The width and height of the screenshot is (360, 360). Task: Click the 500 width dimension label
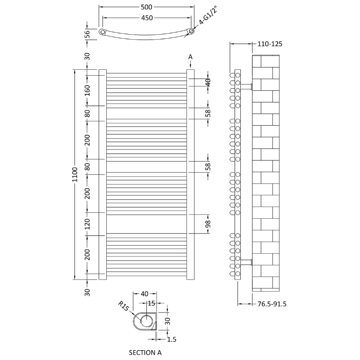tap(147, 7)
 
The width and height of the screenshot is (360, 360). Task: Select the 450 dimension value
tap(147, 18)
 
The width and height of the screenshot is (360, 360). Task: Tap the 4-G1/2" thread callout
tap(208, 15)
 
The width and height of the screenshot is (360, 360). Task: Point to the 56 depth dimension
tap(87, 34)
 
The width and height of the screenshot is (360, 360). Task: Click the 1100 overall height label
tap(75, 175)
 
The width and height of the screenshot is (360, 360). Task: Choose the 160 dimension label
tap(87, 90)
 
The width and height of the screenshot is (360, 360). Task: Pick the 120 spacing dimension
tap(87, 224)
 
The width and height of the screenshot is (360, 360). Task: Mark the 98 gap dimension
tap(208, 224)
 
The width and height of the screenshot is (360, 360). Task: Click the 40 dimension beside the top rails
tap(208, 82)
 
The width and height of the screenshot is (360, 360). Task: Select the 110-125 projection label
tap(270, 44)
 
